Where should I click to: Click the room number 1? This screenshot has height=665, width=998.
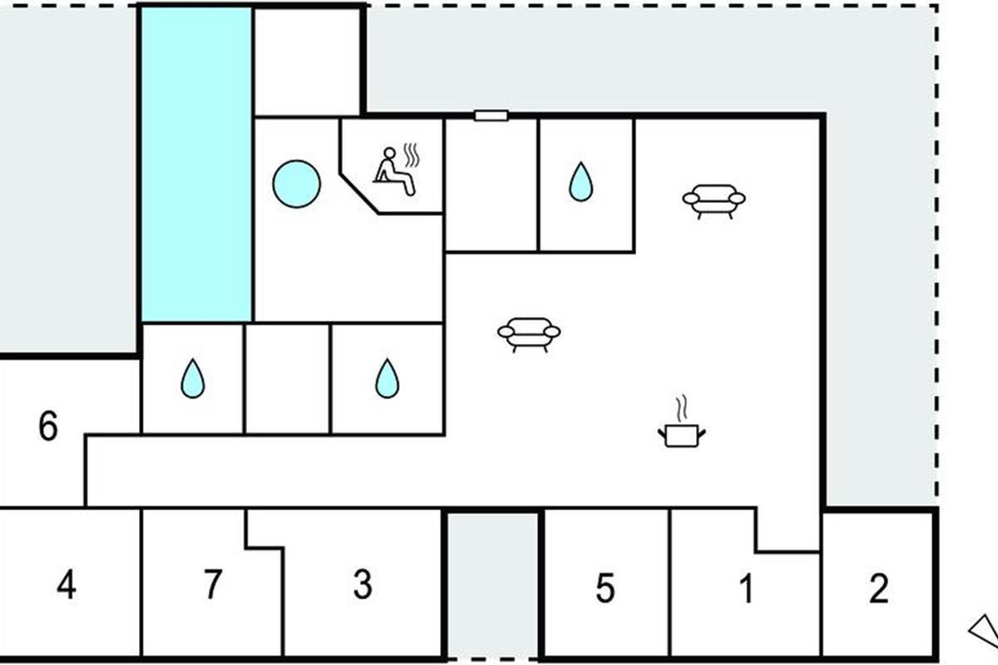746,589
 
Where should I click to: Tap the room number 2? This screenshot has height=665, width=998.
878,589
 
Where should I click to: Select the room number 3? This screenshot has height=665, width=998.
362,585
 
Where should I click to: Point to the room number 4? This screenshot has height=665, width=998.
67,585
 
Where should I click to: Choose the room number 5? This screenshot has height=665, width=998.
605,589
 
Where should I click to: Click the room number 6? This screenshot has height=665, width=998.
48,428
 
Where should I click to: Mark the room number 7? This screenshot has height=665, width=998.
213,584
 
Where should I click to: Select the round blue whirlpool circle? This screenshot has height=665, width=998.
296,184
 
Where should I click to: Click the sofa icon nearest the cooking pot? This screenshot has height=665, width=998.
529,333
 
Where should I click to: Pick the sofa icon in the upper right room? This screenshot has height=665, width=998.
714,200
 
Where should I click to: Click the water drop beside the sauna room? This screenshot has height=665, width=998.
581,182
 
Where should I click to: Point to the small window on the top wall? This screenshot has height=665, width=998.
491,116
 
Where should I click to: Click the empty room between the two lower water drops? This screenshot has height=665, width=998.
288,378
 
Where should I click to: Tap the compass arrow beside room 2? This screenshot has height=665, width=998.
985,631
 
